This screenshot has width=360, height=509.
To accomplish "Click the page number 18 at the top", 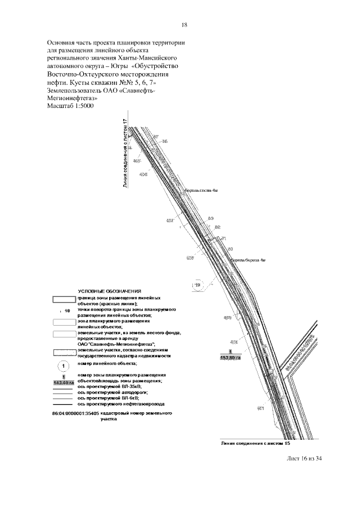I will click(x=184, y=25).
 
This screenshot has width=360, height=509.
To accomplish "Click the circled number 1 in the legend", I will click(x=64, y=366).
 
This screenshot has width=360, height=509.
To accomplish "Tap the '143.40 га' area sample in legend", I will click(x=64, y=382).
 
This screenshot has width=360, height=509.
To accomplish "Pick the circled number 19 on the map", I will click(x=197, y=285).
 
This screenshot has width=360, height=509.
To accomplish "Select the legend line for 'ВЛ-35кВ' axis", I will click(x=64, y=388).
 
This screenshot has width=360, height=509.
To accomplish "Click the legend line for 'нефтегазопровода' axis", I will click(x=64, y=404).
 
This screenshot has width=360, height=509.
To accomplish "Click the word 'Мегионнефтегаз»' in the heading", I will click(x=74, y=98).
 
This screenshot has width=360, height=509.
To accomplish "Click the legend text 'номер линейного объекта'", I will click(x=107, y=364).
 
